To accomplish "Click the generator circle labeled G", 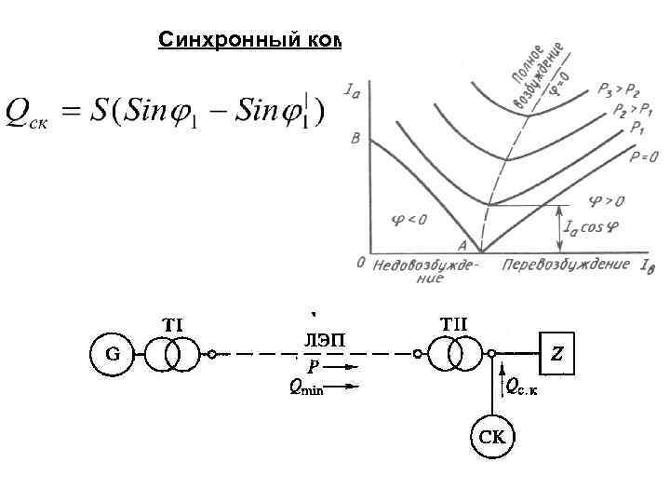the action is (110, 355).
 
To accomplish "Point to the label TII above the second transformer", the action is (453, 323).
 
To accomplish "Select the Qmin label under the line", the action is (303, 390).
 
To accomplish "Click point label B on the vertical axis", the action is (355, 142).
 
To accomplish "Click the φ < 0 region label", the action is (407, 220).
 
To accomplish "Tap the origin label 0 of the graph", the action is (360, 263).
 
